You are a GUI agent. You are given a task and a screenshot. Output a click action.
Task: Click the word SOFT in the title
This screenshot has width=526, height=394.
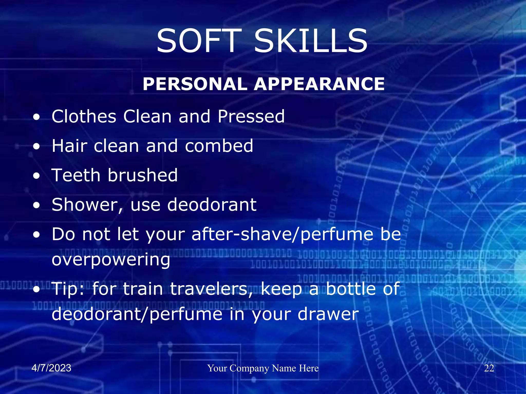coord(199,41)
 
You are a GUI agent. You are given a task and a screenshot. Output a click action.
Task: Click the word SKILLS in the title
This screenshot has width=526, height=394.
coord(311,41)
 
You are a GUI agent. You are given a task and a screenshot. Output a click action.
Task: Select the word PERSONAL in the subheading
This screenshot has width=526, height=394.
coord(195,84)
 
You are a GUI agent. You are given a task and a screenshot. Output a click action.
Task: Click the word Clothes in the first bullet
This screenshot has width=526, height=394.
coord(84,116)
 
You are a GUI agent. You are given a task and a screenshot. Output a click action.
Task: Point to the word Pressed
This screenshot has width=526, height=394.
coord(251,116)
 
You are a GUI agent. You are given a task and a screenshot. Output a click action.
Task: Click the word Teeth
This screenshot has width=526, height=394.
coord(76,175)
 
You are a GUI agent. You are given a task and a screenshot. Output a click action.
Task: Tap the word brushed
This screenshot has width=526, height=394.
coord(143,175)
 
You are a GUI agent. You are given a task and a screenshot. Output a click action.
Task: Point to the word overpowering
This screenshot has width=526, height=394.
coord(111,260)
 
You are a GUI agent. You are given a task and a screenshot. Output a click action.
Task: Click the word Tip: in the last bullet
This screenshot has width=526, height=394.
coord(68,289)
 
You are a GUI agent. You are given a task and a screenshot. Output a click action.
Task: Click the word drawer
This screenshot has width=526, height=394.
coord(328,314)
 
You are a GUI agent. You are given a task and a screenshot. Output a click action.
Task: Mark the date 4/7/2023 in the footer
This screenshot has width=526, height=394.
coord(51,368)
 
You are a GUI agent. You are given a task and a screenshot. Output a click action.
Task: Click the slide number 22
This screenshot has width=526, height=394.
coord(489,368)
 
